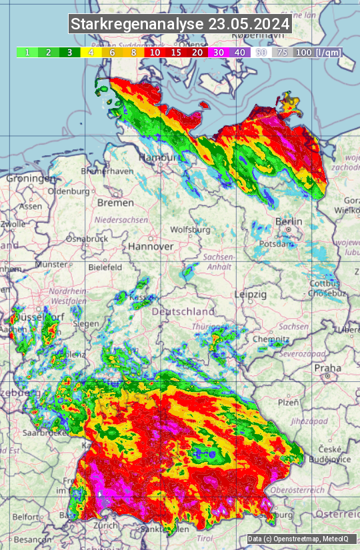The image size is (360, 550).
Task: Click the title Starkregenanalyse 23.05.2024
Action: (x=180, y=25)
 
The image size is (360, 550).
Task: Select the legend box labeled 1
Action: (x=27, y=52)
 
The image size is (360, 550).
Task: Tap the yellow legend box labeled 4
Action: (x=91, y=52)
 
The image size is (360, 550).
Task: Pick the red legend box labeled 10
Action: (x=155, y=52)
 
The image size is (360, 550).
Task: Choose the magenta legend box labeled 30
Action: (x=219, y=52)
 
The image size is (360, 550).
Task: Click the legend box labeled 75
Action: (x=283, y=52)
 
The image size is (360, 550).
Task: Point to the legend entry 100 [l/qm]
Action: (x=317, y=52)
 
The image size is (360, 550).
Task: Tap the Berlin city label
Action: (x=289, y=221)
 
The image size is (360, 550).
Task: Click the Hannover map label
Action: (x=151, y=246)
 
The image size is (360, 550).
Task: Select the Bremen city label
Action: (x=115, y=202)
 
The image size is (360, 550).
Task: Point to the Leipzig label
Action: (x=251, y=294)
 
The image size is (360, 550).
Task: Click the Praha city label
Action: (x=328, y=367)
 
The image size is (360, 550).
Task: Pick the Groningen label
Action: (x=31, y=179)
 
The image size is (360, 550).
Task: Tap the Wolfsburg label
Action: (x=191, y=229)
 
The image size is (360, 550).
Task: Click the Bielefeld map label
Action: (x=105, y=267)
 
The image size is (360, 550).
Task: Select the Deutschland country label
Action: (x=183, y=311)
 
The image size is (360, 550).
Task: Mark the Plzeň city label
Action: (x=289, y=402)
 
